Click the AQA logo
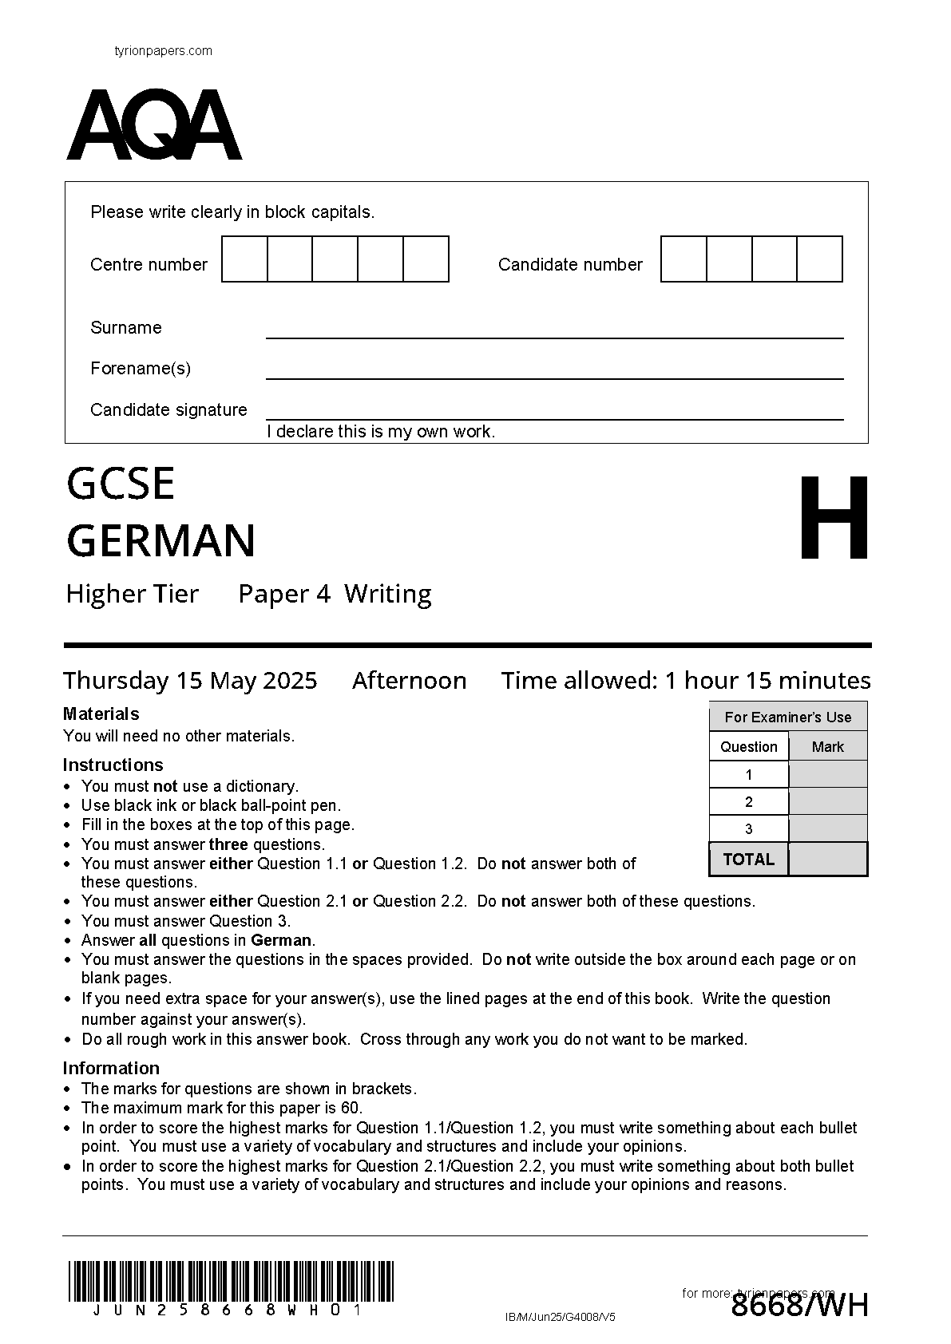[153, 125]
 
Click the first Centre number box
[244, 259]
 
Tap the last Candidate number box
[819, 259]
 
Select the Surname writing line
[554, 336]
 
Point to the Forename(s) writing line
[554, 377]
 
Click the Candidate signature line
[554, 417]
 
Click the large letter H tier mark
[834, 518]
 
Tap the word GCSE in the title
[121, 484]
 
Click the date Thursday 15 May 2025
[190, 681]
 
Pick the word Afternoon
[409, 681]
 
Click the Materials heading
[101, 714]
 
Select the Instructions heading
[113, 765]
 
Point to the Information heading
[111, 1068]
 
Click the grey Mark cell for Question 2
[827, 801]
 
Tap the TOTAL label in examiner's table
[748, 860]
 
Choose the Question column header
[748, 747]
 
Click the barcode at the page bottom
[231, 1281]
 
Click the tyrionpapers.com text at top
[164, 51]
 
